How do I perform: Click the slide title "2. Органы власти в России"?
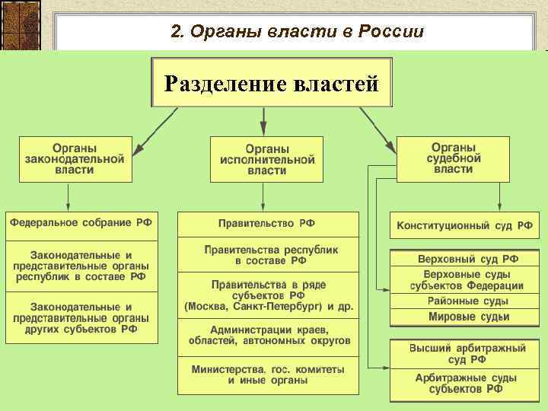pyautogui.click(x=297, y=31)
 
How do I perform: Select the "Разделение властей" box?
pyautogui.click(x=272, y=82)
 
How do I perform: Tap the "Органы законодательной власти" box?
pyautogui.click(x=75, y=159)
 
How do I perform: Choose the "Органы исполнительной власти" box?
pyautogui.click(x=266, y=159)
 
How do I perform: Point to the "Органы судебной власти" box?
pyautogui.click(x=453, y=158)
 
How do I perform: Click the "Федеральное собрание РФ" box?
pyautogui.click(x=81, y=223)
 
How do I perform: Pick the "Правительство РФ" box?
pyautogui.click(x=267, y=224)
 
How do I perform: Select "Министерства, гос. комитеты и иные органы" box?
pyautogui.click(x=267, y=374)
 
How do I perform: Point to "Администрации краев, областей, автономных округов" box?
pyautogui.click(x=267, y=335)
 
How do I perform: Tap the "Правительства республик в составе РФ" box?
pyautogui.click(x=267, y=254)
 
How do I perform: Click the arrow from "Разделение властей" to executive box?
pyautogui.click(x=263, y=120)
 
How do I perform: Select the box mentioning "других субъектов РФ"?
pyautogui.click(x=81, y=317)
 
